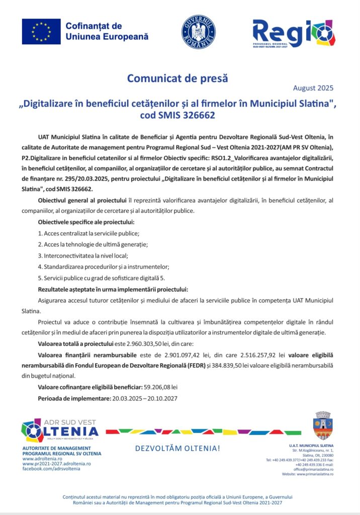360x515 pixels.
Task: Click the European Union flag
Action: (41, 31)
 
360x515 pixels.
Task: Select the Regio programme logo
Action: (294, 33)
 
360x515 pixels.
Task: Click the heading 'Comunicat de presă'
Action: (177, 78)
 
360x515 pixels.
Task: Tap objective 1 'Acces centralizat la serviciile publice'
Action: (88, 233)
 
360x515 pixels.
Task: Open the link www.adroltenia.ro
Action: (43, 459)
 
